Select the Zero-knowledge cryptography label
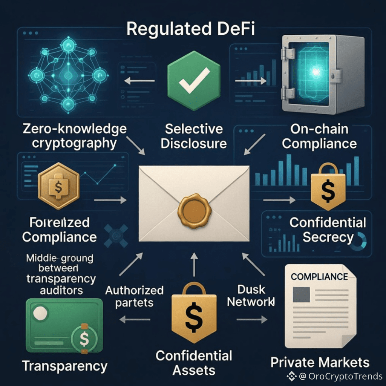coord(74,136)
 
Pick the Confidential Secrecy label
coord(328,230)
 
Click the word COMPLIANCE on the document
coord(319,276)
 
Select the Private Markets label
coord(320,363)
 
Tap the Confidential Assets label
coord(194,362)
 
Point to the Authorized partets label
coord(134,296)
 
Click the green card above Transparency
coord(64,325)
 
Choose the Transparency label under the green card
coord(64,366)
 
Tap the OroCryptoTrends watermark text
coord(340,376)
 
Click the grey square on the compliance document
coord(301,294)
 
